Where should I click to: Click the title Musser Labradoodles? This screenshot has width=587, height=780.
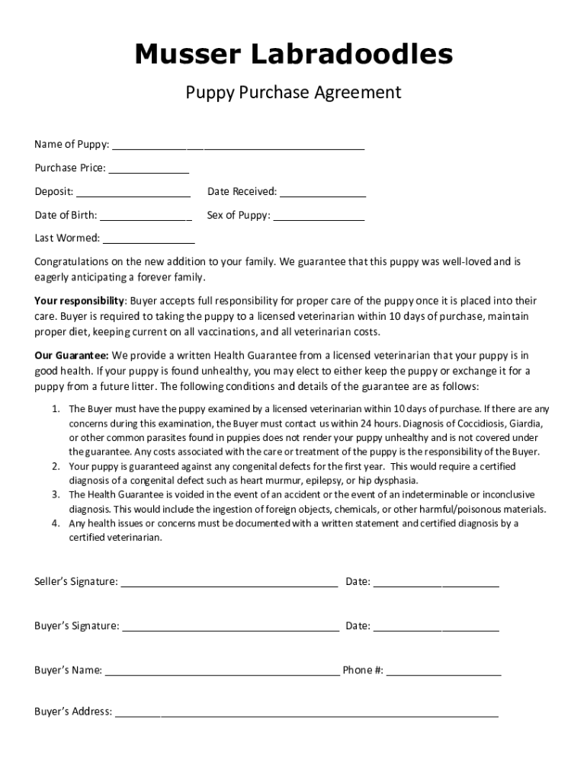point(293,55)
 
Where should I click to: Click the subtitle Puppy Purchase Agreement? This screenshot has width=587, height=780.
point(293,93)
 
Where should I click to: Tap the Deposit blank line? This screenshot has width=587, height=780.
point(133,194)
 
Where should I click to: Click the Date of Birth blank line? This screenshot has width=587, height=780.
point(146,218)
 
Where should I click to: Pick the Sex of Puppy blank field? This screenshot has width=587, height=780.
point(319,218)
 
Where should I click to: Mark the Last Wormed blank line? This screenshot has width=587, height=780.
point(138,241)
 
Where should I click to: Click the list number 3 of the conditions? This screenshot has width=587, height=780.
point(56,494)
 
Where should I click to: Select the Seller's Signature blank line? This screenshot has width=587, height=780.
point(229,585)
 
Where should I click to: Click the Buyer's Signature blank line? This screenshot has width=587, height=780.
point(230,629)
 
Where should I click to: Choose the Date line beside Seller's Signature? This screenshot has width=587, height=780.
point(436,585)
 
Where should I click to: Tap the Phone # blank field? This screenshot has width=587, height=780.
point(444,673)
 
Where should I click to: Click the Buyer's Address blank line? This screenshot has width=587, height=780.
point(306,715)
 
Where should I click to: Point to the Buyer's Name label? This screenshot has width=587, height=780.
point(68,670)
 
